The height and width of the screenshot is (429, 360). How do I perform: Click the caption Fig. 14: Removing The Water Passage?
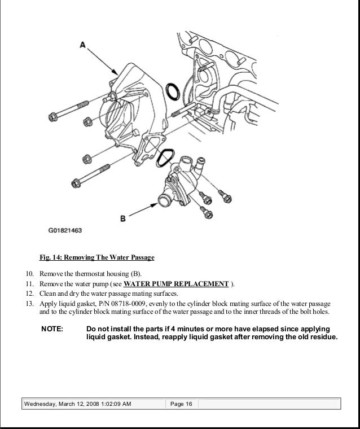[x=96, y=258]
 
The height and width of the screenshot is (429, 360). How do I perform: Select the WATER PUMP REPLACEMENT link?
[x=176, y=284]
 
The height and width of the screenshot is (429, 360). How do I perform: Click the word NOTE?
[x=52, y=329]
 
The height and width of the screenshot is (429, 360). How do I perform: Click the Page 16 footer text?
[x=181, y=404]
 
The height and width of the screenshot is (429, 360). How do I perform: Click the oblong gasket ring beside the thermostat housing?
[x=165, y=158]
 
